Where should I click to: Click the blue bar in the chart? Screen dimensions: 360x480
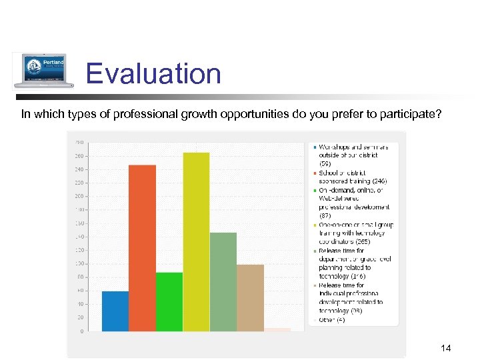[115, 311]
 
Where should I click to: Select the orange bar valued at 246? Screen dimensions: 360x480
[142, 247]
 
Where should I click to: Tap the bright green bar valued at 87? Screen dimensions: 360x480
[169, 301]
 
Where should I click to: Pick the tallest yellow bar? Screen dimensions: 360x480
[196, 241]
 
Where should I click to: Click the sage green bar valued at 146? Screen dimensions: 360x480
[223, 281]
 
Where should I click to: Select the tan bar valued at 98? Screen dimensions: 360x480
[250, 297]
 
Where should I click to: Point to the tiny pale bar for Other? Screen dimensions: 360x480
[277, 329]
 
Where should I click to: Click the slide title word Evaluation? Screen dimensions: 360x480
[153, 73]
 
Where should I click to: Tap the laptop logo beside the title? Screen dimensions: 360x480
[40, 71]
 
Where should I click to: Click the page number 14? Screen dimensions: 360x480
[446, 348]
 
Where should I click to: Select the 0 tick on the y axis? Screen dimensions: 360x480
[81, 331]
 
